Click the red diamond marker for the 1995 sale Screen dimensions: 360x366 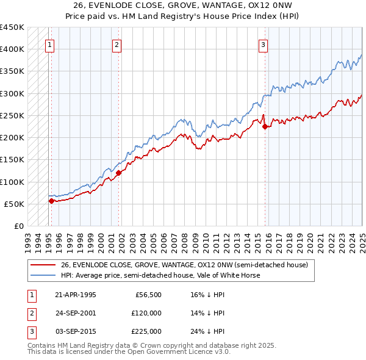point(51,200)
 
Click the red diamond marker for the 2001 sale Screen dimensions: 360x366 point(119,173)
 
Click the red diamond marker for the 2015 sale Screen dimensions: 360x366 point(265,127)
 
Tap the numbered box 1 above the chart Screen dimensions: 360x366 point(49,44)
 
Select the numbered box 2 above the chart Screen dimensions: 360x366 point(117,44)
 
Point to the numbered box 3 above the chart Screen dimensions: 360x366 point(262,44)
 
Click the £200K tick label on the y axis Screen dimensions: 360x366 point(12,138)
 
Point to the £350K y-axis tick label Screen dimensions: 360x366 point(12,71)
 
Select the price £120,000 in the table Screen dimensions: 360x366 point(147,313)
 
